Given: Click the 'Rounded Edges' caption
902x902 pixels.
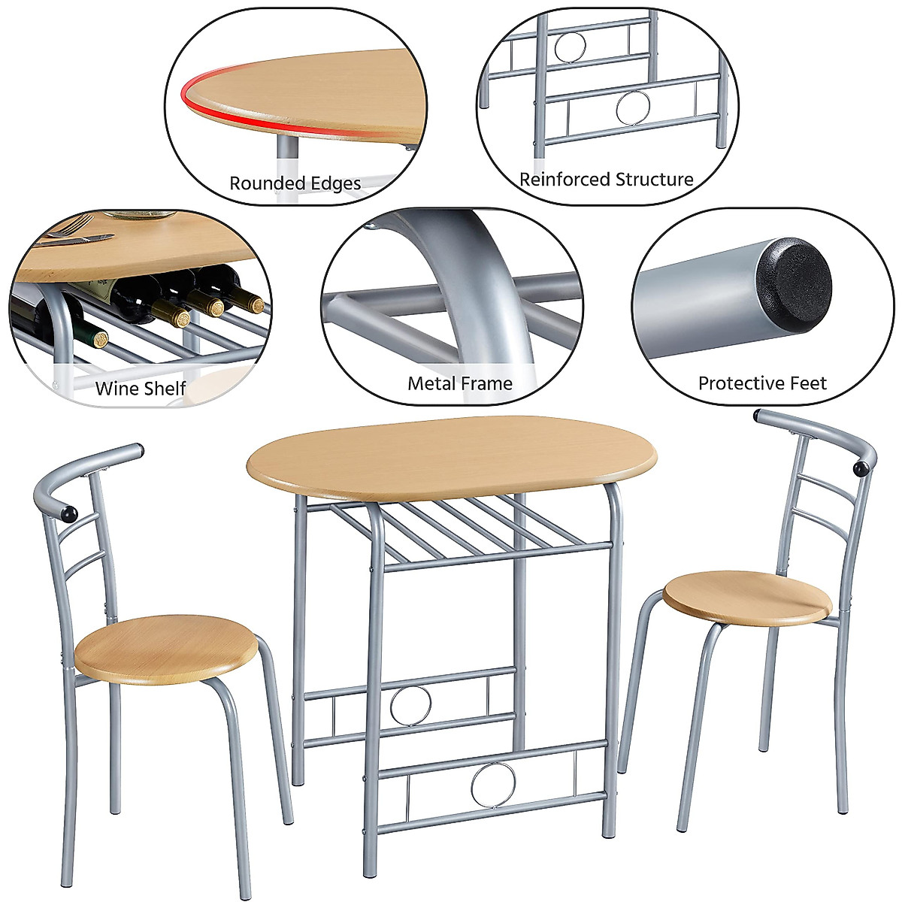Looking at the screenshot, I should [295, 183].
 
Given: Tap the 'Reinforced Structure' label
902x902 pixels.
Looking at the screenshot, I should [606, 180].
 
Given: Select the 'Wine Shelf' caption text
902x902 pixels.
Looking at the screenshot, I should [141, 389].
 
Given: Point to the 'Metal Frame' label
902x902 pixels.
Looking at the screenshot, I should [459, 383].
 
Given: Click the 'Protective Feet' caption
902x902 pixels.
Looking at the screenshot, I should [761, 383].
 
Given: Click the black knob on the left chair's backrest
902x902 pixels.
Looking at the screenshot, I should [69, 514].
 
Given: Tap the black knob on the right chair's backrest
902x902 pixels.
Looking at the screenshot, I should [860, 468].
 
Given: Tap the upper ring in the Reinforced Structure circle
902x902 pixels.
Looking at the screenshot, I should [569, 47].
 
